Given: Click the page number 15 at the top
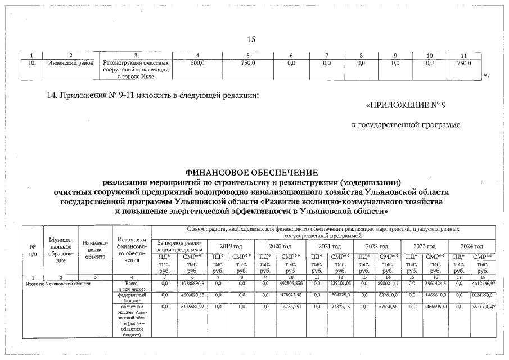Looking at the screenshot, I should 251,39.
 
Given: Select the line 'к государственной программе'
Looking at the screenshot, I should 406,124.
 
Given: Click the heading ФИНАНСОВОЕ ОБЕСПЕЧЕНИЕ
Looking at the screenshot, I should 251,172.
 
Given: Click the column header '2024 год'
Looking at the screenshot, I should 471,246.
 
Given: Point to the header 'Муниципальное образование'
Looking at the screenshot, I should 61,250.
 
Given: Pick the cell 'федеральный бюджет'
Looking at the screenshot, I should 132,296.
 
